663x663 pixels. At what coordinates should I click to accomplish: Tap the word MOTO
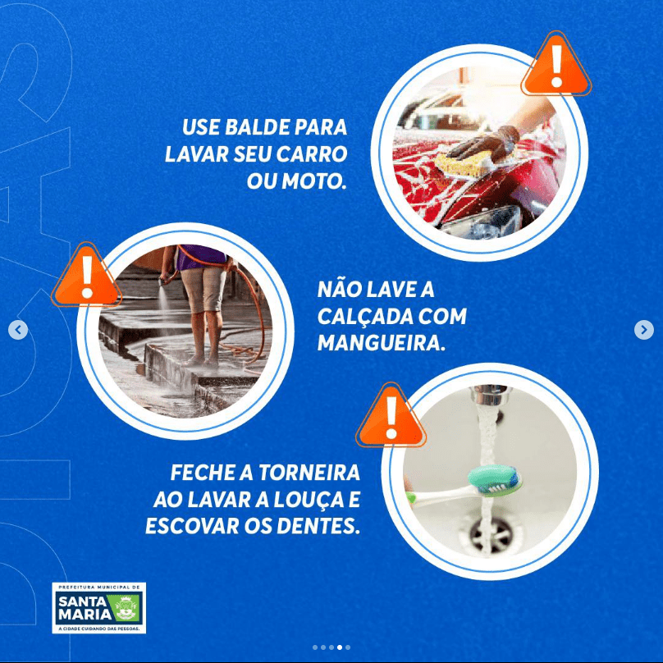(x=314, y=181)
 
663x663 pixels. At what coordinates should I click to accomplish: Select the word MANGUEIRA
(x=382, y=343)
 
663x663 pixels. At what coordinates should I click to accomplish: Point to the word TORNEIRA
(x=309, y=473)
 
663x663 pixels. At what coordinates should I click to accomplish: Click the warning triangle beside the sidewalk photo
(x=87, y=276)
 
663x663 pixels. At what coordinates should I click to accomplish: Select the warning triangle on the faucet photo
(x=391, y=417)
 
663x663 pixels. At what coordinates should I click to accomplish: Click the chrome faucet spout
(x=491, y=396)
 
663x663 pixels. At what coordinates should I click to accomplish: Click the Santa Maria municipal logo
(x=99, y=607)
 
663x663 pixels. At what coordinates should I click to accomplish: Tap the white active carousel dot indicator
(x=340, y=647)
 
